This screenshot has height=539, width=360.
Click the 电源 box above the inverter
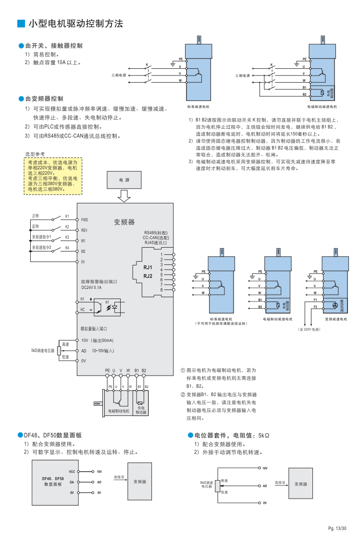tap(124, 179)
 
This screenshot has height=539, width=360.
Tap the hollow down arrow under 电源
tap(124, 196)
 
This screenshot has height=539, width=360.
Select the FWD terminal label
tap(85, 220)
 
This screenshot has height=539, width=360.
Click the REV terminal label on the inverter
tap(84, 230)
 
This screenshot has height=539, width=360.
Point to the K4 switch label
tap(67, 248)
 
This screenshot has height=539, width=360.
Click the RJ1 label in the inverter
tap(148, 267)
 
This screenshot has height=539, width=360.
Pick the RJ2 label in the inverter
tap(148, 276)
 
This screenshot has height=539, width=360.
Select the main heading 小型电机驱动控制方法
tap(76, 23)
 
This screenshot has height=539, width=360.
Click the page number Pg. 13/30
tap(337, 528)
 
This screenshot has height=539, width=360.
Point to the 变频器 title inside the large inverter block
tap(124, 222)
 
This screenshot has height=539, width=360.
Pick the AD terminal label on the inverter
tap(84, 351)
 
